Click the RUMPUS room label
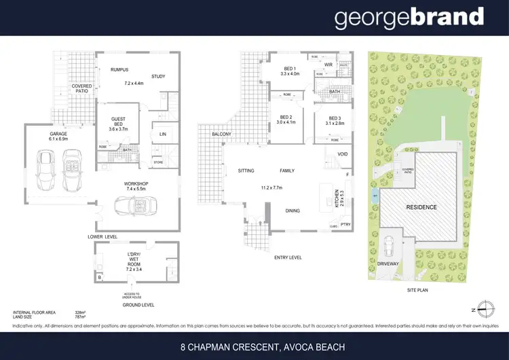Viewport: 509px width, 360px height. pos(119,69)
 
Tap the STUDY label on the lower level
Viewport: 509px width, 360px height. pos(158,76)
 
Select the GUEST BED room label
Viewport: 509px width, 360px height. pos(118,113)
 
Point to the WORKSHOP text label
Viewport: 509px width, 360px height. pos(135,183)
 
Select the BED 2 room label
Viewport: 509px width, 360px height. pos(286,116)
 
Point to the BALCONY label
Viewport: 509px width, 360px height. pos(221,134)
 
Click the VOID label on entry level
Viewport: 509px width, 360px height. pos(342,154)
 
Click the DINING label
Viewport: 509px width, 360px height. pos(293,211)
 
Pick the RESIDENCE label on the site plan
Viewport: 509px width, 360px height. pos(421,207)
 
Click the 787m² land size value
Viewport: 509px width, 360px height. pos(79,316)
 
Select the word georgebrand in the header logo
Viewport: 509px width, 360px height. pos(409,18)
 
